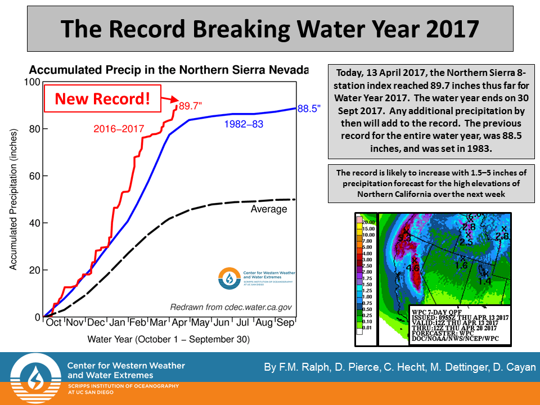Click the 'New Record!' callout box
point(102,99)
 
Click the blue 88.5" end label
point(309,109)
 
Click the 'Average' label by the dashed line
point(269,209)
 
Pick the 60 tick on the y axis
point(34,176)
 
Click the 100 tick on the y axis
point(33,82)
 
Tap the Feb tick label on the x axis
point(138,323)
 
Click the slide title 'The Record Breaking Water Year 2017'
point(270,28)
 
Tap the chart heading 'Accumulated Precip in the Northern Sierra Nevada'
point(169,70)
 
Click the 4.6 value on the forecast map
point(413,268)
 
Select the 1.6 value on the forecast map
point(461,264)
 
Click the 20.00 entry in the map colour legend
point(368,222)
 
